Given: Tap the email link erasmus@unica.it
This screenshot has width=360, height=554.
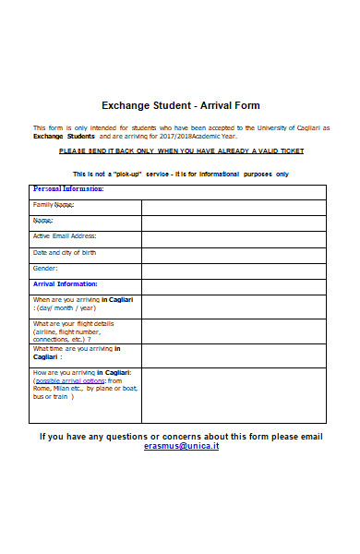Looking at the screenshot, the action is (181, 446).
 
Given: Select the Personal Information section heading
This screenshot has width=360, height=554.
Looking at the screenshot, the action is (68, 189).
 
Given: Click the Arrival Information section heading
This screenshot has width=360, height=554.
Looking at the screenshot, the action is (66, 283).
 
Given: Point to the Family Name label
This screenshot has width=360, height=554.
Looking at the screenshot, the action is (54, 204).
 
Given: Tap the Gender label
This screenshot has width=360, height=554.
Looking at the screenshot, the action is (46, 268).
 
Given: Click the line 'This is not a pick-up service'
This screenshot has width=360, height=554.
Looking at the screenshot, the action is (180, 174).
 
